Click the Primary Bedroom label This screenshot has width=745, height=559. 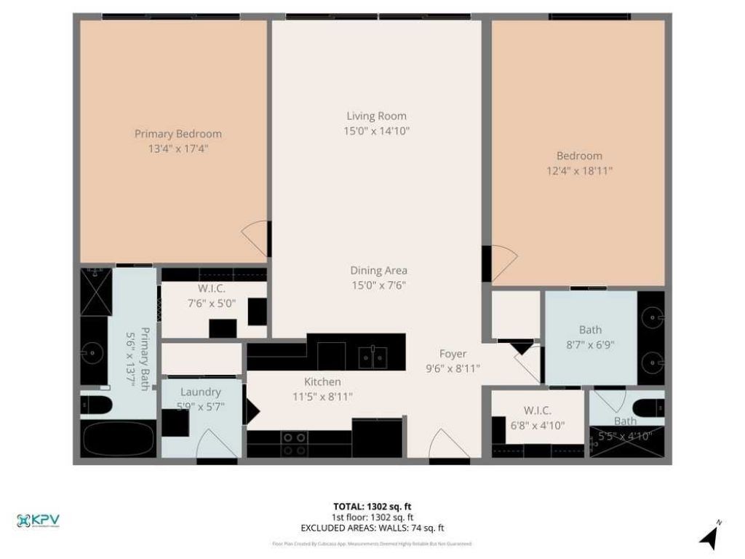coord(178,134)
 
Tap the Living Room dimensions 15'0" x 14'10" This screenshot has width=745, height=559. coord(376,131)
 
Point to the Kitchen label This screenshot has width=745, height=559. coord(322,382)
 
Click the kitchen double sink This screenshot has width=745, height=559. coord(373,357)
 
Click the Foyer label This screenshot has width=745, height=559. coord(453,354)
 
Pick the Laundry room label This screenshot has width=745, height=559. coord(200,392)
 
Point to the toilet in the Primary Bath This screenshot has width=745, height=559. coord(95,405)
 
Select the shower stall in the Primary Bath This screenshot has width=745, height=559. coord(95,291)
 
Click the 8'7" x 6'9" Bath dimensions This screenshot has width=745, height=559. coord(591,345)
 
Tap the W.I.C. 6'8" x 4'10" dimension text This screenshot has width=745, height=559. coord(538,425)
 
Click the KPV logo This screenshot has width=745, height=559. coord(38,521)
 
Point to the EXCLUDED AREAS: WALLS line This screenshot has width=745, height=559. coord(372,528)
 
